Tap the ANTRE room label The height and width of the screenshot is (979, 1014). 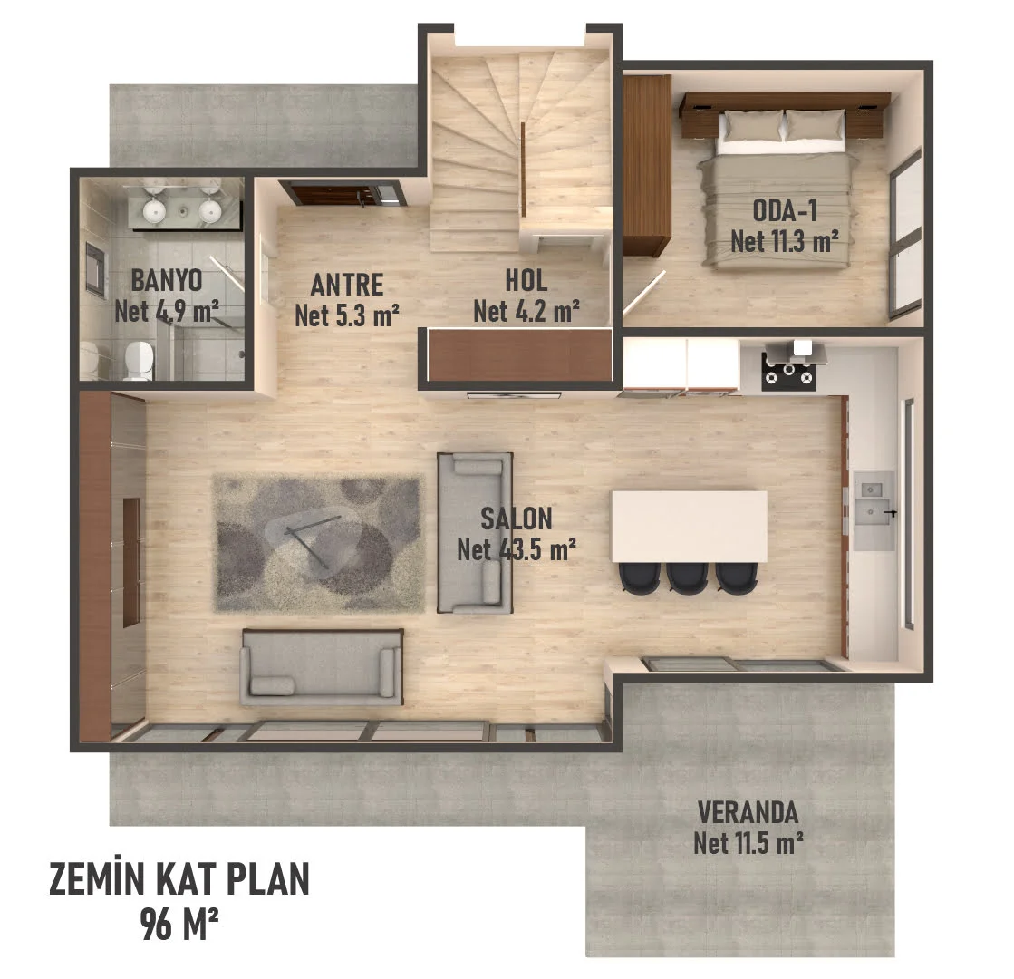coord(347,285)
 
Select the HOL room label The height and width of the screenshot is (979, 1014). coord(526,280)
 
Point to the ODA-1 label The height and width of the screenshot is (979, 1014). coord(785,210)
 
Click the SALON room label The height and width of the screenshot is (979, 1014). coord(516,519)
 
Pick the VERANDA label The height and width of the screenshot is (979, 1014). coord(748,810)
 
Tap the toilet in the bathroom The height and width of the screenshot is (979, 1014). coord(138,360)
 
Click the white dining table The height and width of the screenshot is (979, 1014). coord(689,527)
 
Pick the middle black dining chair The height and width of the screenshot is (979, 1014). coord(688,577)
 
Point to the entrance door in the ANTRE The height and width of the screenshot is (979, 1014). coord(340,192)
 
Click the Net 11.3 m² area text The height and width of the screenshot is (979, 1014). coord(785,241)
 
